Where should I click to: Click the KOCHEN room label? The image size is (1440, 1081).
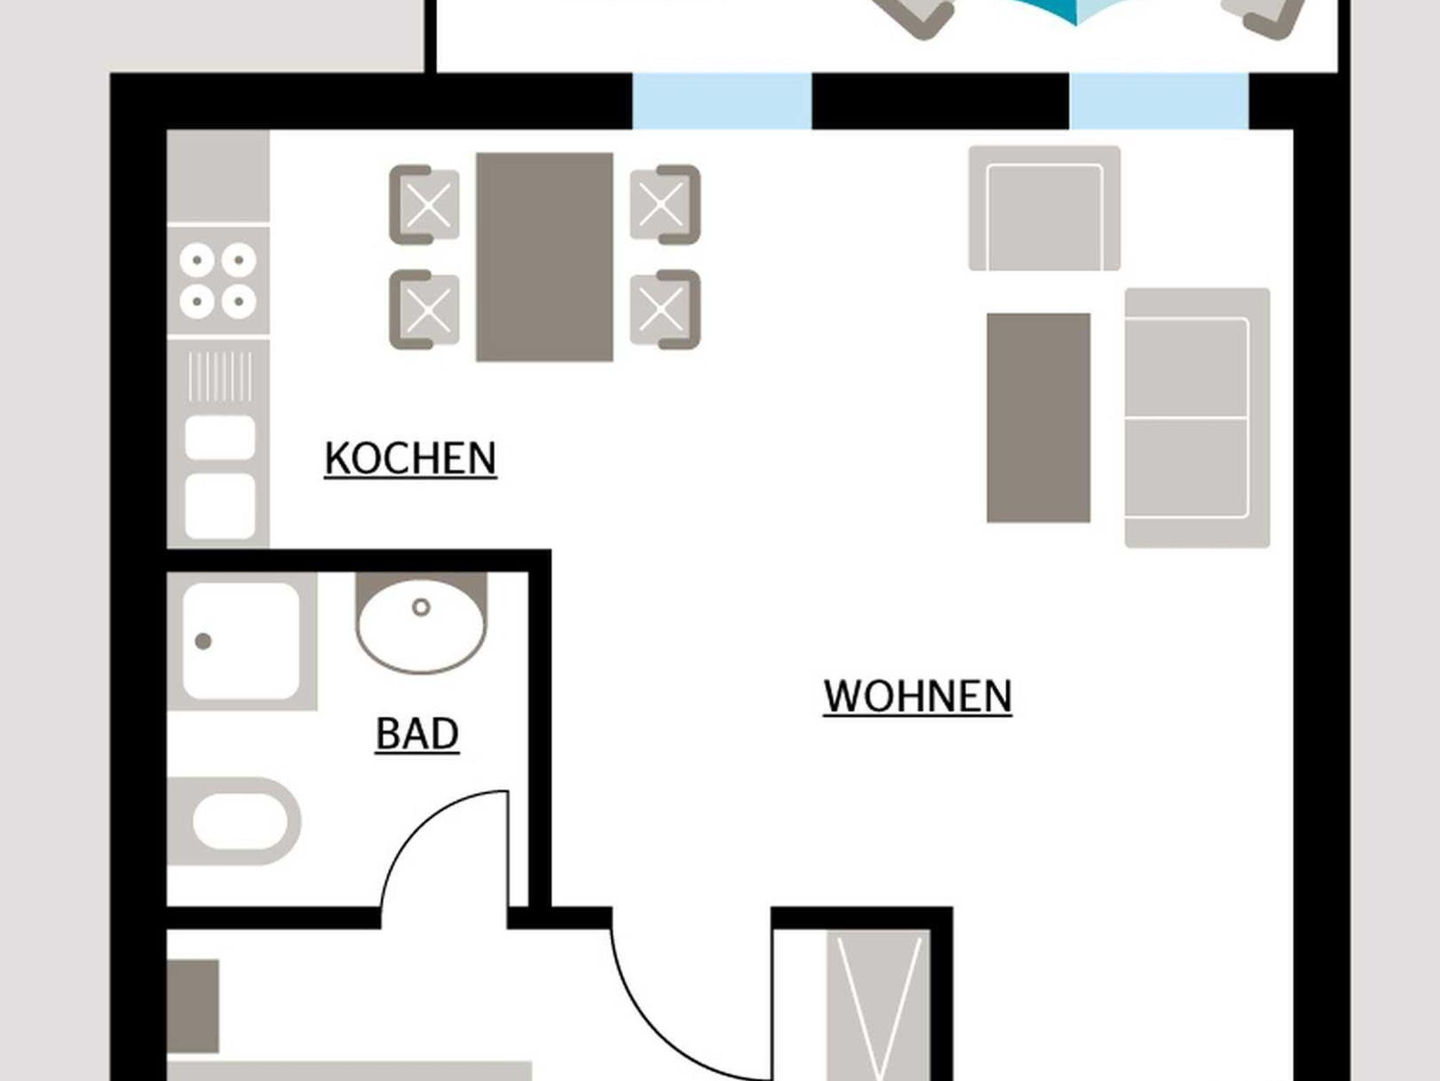(411, 458)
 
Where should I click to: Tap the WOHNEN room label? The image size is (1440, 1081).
(918, 697)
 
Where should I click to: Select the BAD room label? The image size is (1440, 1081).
(417, 734)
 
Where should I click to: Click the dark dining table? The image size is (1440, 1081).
(545, 257)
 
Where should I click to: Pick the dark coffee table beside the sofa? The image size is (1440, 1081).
(1039, 418)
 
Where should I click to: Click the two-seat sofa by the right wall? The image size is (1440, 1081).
(1197, 417)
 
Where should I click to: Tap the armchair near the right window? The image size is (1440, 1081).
(1045, 208)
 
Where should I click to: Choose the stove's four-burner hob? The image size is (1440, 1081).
(218, 281)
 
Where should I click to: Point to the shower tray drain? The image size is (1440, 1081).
(203, 641)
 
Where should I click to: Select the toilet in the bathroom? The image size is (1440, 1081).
(234, 821)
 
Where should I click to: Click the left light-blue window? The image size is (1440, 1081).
(722, 101)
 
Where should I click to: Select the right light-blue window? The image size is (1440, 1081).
(1159, 101)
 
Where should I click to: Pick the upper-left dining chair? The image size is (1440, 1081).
(425, 205)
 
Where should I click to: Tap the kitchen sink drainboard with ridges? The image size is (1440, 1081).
(219, 376)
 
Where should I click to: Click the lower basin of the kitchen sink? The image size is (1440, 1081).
(220, 505)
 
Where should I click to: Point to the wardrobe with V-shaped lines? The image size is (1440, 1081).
(879, 1005)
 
